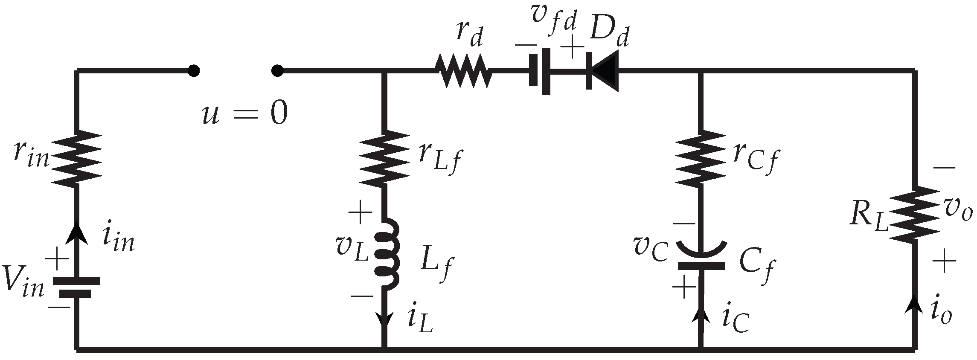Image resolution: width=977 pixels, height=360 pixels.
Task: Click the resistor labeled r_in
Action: point(77,159)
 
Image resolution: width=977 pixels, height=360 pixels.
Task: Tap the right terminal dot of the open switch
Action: point(277,71)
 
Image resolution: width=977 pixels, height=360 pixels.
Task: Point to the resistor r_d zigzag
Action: point(463,71)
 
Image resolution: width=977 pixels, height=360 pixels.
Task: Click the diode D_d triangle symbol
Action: point(604,71)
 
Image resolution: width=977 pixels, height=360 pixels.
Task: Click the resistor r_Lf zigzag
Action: point(385,158)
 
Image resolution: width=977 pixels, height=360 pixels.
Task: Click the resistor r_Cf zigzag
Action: point(700,158)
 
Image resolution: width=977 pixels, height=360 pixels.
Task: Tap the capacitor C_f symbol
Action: point(701,258)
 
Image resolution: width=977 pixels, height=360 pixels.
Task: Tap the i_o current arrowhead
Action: point(914,305)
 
